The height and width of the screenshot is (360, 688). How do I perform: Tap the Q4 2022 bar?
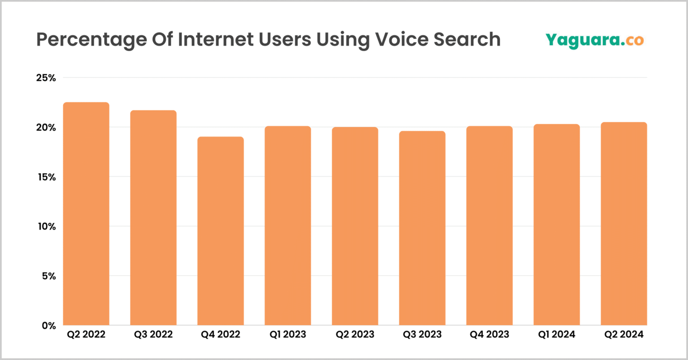(220, 231)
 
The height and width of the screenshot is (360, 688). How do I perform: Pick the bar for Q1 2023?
(288, 226)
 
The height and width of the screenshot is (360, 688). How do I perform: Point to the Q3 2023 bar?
(422, 228)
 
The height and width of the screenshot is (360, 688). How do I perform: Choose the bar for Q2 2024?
(623, 223)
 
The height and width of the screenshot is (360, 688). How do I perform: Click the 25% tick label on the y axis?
(46, 78)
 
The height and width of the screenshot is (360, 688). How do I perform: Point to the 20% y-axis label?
(46, 128)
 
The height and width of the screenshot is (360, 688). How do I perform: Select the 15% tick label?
(46, 177)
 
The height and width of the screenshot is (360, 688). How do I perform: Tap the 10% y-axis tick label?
(46, 227)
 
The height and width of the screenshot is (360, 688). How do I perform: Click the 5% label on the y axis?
(48, 276)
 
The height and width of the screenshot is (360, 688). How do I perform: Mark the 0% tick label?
(48, 326)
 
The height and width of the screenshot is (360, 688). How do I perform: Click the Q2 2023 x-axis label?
(355, 334)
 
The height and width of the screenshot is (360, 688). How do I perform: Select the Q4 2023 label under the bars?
(489, 334)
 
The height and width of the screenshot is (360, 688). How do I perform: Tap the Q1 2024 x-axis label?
(556, 334)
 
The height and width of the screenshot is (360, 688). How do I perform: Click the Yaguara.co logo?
(594, 40)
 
